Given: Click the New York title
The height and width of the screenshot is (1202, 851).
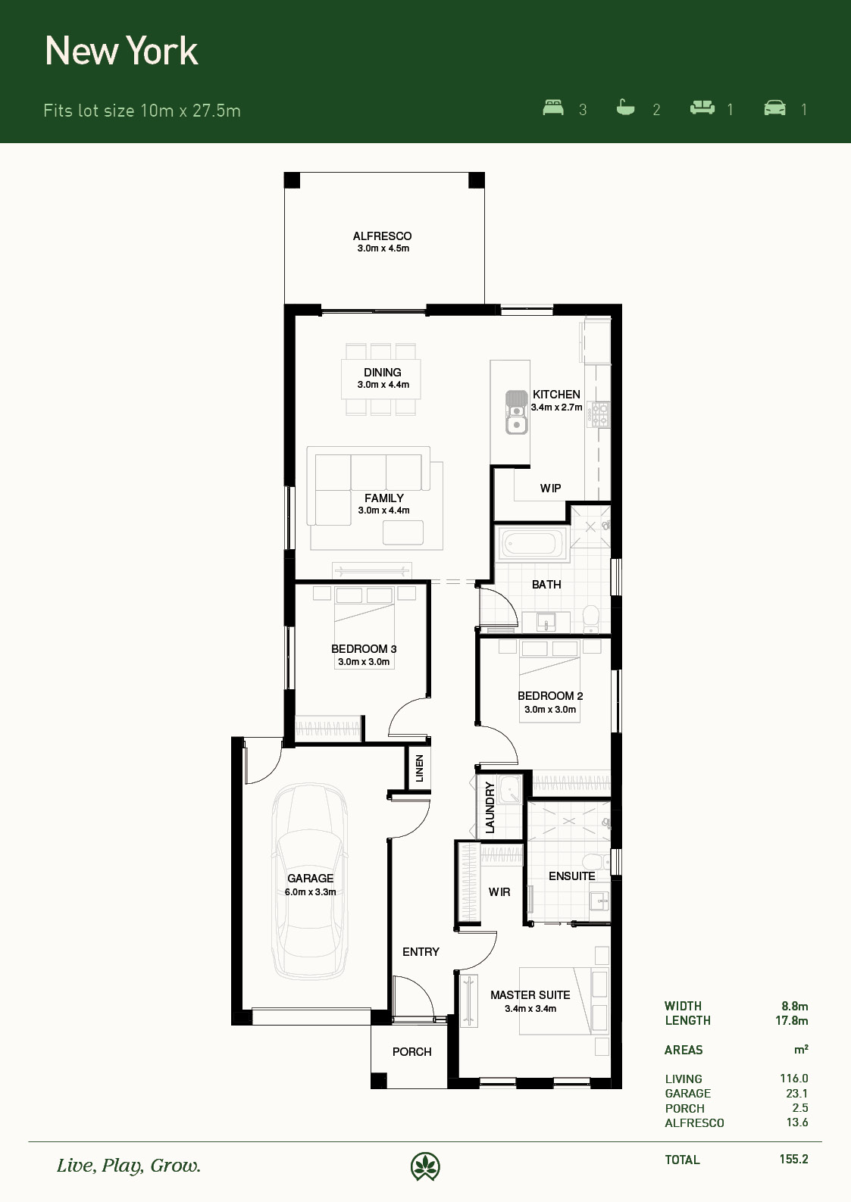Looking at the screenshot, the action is tap(122, 52).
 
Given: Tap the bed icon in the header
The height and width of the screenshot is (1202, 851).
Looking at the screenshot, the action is tap(553, 108).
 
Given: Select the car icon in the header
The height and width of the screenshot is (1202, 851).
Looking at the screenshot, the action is tap(774, 108).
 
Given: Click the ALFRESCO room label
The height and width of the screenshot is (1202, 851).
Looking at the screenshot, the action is tap(382, 236).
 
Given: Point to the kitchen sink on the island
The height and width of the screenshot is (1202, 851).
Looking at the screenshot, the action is tap(517, 412).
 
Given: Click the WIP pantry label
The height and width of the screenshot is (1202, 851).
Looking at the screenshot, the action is tap(550, 489).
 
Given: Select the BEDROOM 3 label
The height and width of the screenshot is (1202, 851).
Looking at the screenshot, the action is tap(364, 649).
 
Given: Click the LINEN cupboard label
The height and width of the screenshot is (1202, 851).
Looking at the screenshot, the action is tap(420, 768).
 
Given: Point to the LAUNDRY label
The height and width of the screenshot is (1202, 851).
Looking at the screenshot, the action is tap(490, 807).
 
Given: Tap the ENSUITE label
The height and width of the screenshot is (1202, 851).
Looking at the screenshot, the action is tap(572, 876).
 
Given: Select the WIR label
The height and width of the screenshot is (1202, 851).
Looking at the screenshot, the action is tap(499, 892).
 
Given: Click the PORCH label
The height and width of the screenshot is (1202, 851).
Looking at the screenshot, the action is tap(411, 1052).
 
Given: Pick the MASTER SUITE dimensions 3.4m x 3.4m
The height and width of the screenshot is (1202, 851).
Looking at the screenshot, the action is tap(530, 1009).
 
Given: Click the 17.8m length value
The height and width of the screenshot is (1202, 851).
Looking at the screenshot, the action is tap(791, 1021).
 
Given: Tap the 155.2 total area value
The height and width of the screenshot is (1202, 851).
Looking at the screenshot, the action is tap(793, 1159).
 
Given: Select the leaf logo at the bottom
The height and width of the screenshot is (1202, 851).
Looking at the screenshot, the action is tap(425, 1166).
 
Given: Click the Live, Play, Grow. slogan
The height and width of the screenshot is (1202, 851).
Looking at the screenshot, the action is tap(129, 1166).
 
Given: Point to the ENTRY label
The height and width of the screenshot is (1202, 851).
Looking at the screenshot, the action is tap(421, 952).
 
